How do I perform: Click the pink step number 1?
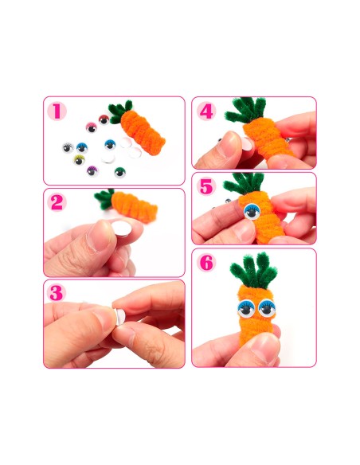(57, 111)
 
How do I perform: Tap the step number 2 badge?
(57, 202)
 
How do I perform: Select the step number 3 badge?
(57, 293)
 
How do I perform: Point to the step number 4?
(206, 111)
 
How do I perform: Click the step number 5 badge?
(206, 186)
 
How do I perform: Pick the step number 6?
(206, 262)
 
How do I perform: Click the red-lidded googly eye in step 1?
(104, 119)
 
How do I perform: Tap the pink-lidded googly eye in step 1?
(92, 127)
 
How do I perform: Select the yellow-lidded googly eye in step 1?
(79, 160)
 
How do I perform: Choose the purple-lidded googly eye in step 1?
(92, 171)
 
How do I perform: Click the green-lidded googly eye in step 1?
(119, 172)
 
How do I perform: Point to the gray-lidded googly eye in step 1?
(68, 147)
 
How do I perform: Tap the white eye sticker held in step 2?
(121, 228)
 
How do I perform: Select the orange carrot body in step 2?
(135, 207)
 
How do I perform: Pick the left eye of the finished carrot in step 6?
(246, 308)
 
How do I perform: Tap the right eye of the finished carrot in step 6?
(267, 308)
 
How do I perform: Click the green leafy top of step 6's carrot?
(253, 270)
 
